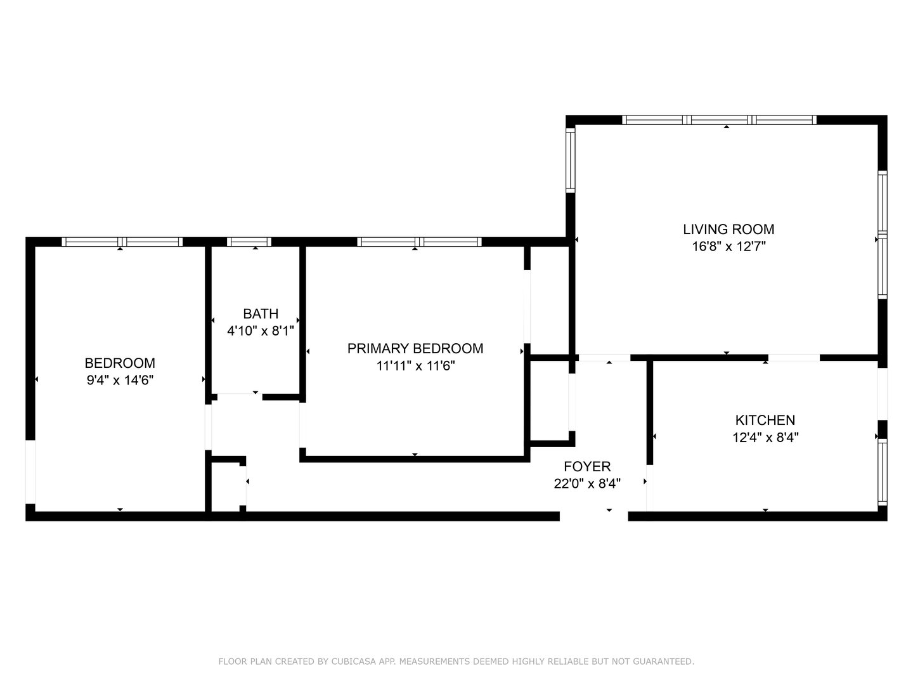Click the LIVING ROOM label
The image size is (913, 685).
728,229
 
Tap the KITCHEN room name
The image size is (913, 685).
765,420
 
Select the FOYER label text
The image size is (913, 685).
587,466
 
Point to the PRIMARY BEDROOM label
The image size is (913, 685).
415,349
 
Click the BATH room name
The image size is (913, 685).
261,313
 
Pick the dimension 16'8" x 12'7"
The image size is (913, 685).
728,247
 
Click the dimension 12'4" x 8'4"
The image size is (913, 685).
765,438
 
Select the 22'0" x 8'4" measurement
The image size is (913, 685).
587,484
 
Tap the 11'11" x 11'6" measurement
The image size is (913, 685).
415,366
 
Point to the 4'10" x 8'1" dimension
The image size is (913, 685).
261,331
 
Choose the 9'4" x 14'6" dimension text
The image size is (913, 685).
120,380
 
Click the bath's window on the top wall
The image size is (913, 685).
249,242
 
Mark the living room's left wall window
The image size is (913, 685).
570,160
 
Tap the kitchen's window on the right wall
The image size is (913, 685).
882,472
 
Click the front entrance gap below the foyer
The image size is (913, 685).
593,516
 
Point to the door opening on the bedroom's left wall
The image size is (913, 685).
30,472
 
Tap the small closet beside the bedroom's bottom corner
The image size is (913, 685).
226,486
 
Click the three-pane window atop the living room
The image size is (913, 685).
719,120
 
